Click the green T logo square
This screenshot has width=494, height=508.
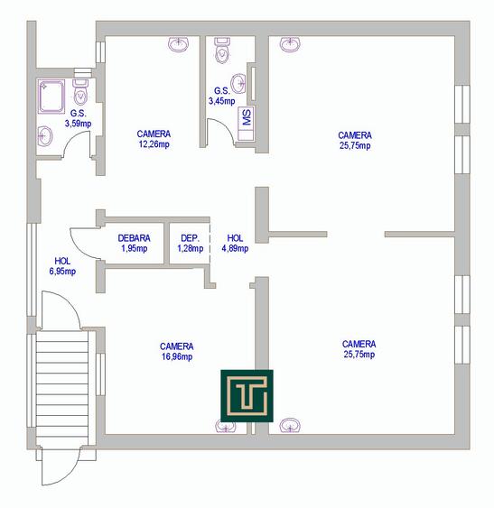[247, 395]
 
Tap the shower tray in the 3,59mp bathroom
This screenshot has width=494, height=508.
[51, 97]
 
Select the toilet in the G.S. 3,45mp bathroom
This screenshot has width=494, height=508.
[222, 51]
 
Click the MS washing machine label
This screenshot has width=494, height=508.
[247, 117]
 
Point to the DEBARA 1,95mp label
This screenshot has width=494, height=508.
[134, 244]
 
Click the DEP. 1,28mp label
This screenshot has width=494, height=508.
[190, 244]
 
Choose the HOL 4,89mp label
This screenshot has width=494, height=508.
[235, 244]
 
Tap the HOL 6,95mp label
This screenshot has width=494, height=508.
[62, 266]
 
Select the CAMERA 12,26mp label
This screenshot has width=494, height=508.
[154, 139]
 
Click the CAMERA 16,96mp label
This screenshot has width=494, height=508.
[177, 352]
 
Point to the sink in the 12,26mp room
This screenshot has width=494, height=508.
[179, 44]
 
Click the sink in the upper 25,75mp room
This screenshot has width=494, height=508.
[290, 44]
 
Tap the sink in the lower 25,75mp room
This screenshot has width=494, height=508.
[290, 425]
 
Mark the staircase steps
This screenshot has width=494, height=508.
[62, 388]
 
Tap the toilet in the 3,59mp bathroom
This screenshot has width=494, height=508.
[80, 92]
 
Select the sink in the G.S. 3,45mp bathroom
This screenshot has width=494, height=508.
[238, 83]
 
